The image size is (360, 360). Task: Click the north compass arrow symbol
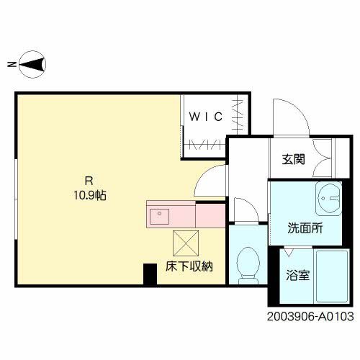point(32,64)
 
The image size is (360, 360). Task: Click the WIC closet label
point(205,115)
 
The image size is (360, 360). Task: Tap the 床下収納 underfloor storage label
point(189,266)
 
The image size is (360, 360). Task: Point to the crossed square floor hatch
point(186,241)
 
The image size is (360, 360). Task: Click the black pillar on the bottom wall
point(150,274)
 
